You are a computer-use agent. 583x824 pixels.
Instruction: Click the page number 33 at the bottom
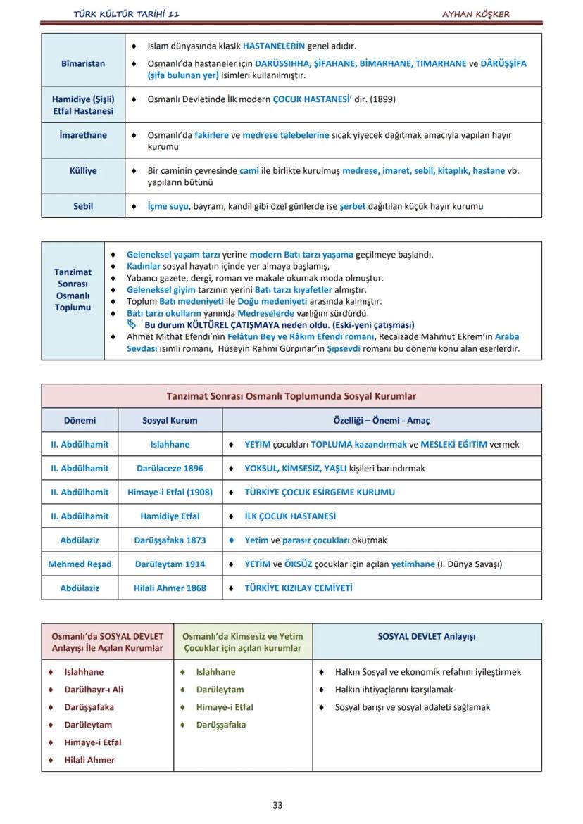point(277,805)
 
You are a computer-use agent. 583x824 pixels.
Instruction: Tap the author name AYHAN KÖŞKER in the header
point(475,14)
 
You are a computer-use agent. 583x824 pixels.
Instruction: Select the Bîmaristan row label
point(83,63)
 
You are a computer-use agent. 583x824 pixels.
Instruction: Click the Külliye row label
point(83,170)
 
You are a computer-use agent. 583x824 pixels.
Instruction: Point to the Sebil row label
point(83,206)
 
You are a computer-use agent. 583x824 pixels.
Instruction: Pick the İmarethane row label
point(83,134)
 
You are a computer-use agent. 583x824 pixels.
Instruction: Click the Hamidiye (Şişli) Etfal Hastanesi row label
point(83,105)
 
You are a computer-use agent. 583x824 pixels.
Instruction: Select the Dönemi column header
point(80,420)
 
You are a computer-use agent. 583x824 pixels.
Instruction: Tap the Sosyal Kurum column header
point(170,420)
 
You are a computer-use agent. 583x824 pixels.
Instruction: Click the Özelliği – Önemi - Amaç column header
point(381,420)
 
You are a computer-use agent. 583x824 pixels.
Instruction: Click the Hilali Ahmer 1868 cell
point(170,588)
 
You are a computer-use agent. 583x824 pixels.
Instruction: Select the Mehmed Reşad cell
point(80,564)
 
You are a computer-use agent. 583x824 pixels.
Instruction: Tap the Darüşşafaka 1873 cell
point(170,540)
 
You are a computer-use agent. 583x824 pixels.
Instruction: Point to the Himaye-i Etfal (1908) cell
point(170,492)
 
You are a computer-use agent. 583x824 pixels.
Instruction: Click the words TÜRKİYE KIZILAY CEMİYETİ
point(298,588)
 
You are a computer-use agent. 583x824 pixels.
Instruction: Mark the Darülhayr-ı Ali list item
point(93,690)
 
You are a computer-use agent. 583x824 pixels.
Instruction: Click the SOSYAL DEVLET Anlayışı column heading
point(426,636)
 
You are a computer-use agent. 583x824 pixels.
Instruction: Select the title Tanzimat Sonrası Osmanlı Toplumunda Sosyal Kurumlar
point(291,396)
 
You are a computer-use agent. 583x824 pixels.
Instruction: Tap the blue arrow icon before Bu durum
point(132,324)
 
